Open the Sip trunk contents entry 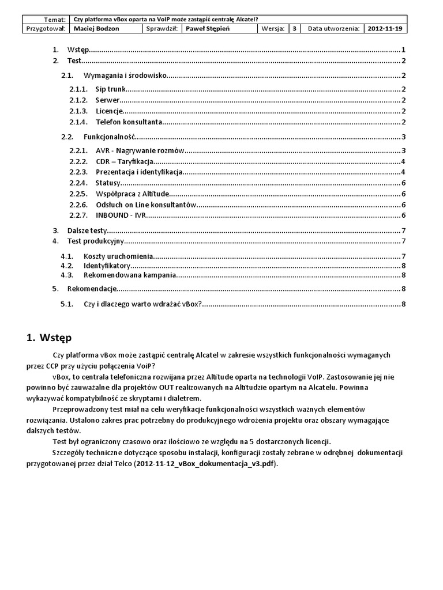[x=110, y=89]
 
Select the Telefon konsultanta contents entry [x=129, y=122]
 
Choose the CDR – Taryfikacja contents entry [x=125, y=161]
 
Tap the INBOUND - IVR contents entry [x=121, y=215]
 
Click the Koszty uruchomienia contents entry [x=118, y=256]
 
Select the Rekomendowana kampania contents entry [x=129, y=275]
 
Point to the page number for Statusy [x=404, y=183]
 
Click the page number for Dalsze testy [x=404, y=230]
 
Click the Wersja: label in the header [x=272, y=28]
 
